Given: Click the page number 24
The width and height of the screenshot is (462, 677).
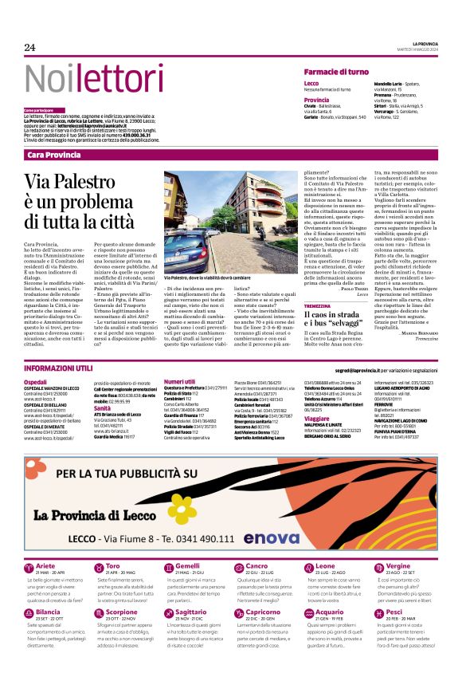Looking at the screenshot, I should (29, 48).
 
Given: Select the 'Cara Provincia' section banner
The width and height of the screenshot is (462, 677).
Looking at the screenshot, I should (53, 154).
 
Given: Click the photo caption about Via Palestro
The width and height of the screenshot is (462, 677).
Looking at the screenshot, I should (206, 277).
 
